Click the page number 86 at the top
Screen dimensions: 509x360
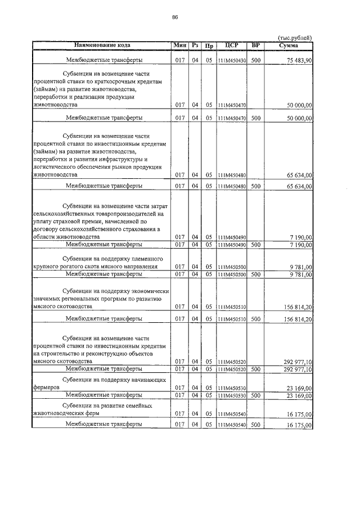pyautogui.click(x=175, y=17)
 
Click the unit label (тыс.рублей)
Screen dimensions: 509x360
pyautogui.click(x=295, y=37)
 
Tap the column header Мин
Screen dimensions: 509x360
pyautogui.click(x=180, y=44)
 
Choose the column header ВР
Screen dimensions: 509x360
pyautogui.click(x=256, y=44)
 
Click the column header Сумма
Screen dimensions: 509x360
pyautogui.click(x=288, y=44)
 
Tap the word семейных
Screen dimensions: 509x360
pyautogui.click(x=138, y=405)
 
